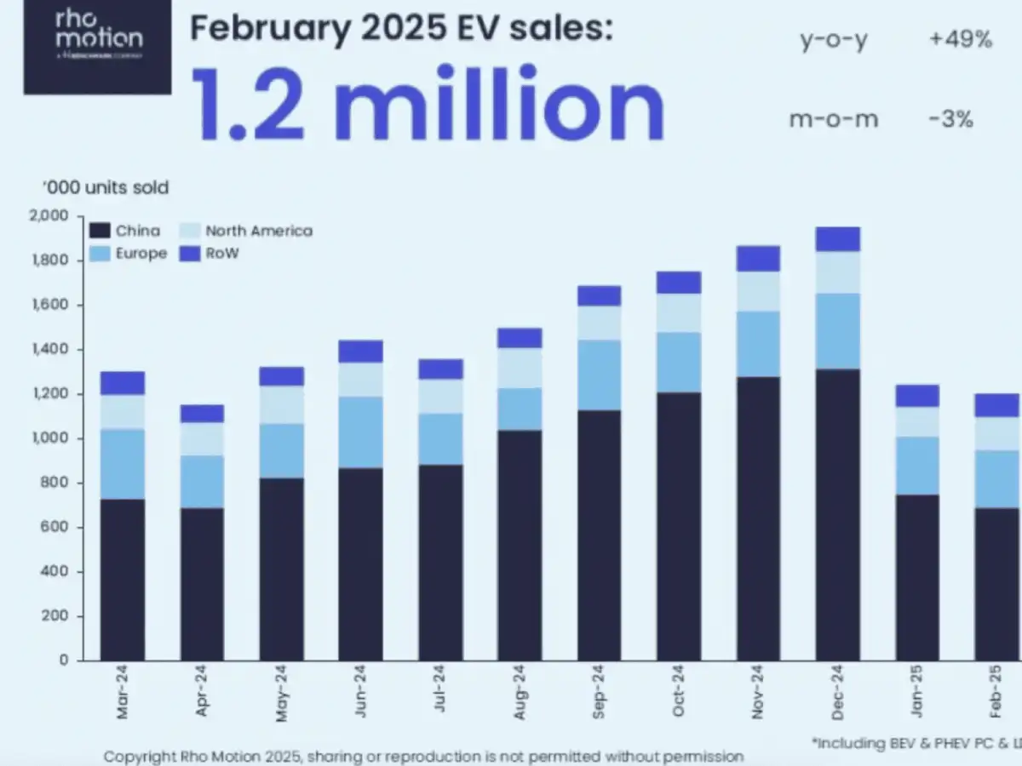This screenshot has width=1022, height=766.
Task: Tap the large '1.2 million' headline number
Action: tap(426, 104)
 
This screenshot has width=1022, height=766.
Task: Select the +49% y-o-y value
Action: tap(960, 39)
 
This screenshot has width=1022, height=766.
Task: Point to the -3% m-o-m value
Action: tap(952, 119)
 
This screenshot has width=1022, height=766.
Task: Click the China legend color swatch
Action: tap(100, 231)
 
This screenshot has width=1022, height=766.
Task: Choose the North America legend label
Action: tap(259, 231)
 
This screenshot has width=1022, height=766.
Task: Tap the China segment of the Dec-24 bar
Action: tap(837, 511)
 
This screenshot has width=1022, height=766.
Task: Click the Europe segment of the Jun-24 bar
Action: tap(360, 432)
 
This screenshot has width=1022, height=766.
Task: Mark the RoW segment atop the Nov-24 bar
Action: tap(758, 258)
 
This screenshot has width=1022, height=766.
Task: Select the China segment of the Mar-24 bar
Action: tap(122, 579)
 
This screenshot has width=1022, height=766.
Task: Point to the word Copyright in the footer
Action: tap(141, 756)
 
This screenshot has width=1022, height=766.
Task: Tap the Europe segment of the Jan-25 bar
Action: tap(917, 465)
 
